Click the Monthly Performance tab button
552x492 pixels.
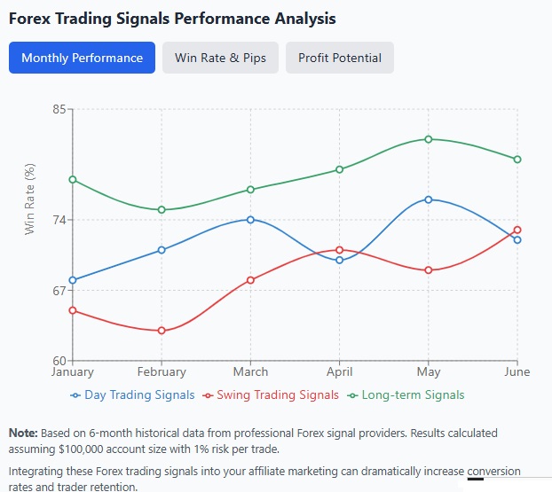click(82, 58)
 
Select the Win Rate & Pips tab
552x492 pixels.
click(220, 58)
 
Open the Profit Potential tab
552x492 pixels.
click(340, 58)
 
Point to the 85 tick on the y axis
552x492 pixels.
click(59, 109)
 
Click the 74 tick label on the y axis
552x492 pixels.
click(59, 220)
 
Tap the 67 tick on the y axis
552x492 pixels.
click(59, 291)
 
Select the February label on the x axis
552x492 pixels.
click(162, 372)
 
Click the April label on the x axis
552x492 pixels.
click(339, 372)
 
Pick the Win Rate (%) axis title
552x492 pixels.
click(29, 199)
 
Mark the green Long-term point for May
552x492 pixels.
click(429, 139)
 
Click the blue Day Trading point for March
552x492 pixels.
click(250, 219)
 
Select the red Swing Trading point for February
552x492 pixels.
click(162, 331)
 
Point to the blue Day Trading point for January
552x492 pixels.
click(73, 280)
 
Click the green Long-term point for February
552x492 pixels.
click(162, 210)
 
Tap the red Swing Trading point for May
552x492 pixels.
click(429, 269)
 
